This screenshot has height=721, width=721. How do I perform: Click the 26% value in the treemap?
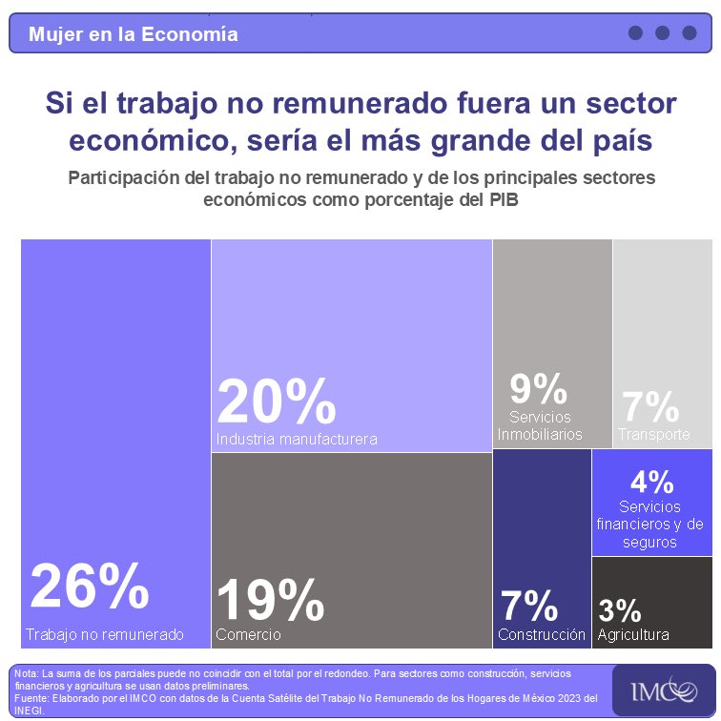[x=89, y=587]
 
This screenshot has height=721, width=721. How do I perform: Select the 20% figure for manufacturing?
[x=276, y=402]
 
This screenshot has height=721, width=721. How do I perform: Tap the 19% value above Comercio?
[x=271, y=601]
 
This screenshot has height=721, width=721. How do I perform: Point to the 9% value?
[x=538, y=389]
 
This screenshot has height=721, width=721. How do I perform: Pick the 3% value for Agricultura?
[x=619, y=610]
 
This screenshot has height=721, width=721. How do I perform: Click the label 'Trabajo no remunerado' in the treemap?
[x=104, y=634]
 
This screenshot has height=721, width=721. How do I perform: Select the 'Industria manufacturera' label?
[x=297, y=440]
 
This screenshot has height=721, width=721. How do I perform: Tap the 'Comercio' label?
[x=248, y=634]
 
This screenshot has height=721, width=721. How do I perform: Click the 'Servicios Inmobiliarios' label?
[x=540, y=426]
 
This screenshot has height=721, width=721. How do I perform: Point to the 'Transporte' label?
[x=654, y=435]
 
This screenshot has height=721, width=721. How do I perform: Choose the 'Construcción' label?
[x=542, y=634]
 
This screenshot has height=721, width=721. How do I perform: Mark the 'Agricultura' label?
[x=633, y=634]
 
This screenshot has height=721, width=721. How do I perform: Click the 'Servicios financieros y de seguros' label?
[x=649, y=525]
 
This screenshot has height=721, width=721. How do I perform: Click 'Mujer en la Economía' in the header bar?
[x=133, y=34]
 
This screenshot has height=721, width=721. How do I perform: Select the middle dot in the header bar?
[x=662, y=33]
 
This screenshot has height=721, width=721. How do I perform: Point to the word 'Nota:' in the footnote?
[x=27, y=674]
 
